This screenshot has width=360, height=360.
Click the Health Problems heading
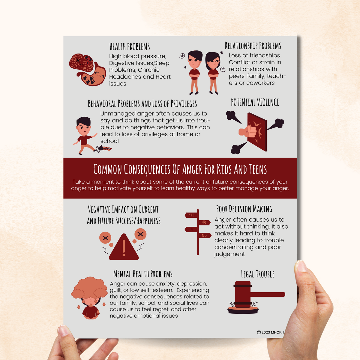(130, 47)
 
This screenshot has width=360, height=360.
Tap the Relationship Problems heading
(253, 46)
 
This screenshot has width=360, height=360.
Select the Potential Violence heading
(255, 103)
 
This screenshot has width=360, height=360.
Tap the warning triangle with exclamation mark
(124, 248)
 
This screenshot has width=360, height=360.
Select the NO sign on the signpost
(204, 235)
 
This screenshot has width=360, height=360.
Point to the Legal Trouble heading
(258, 274)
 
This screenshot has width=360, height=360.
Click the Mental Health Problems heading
(143, 274)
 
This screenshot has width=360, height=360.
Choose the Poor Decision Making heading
(244, 209)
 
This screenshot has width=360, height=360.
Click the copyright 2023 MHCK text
(270, 332)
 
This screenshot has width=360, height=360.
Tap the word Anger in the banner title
(192, 170)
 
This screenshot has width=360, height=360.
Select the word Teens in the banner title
(258, 170)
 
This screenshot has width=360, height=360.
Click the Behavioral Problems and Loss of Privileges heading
(142, 104)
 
